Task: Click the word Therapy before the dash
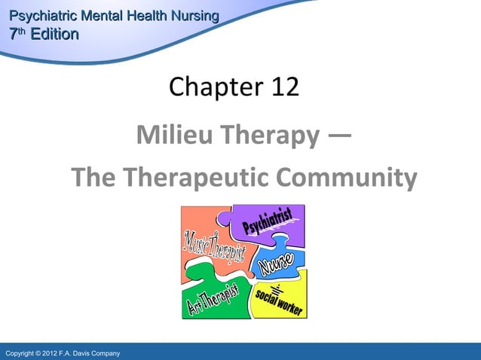tap(273, 136)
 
